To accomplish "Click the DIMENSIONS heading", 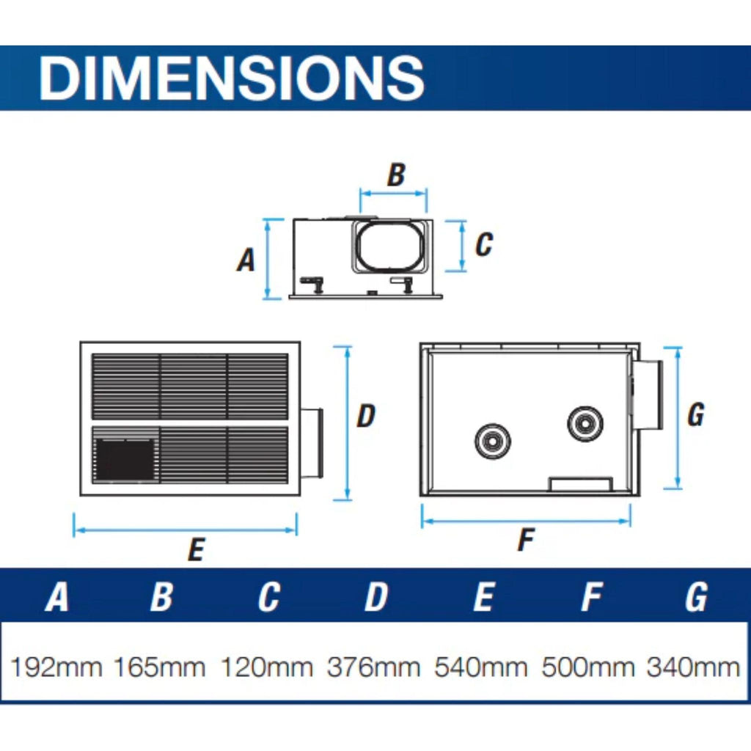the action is pyautogui.click(x=231, y=78).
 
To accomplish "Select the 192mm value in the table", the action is pyautogui.click(x=56, y=667).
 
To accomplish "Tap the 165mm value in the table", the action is pyautogui.click(x=159, y=667).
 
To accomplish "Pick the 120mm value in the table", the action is pyautogui.click(x=267, y=667).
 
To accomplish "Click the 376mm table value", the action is pyautogui.click(x=373, y=667).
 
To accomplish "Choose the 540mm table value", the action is pyautogui.click(x=481, y=667).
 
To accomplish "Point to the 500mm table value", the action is pyautogui.click(x=588, y=667).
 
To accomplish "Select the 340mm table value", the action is pyautogui.click(x=694, y=667).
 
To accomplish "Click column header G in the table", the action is pyautogui.click(x=696, y=597).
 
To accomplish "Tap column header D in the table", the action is pyautogui.click(x=376, y=597).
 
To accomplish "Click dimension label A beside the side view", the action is pyautogui.click(x=246, y=260).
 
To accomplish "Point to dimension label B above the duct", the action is pyautogui.click(x=396, y=175).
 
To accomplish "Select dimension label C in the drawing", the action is pyautogui.click(x=484, y=244).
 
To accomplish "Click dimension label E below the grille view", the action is pyautogui.click(x=197, y=549).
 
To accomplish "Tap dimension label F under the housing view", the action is pyautogui.click(x=526, y=540).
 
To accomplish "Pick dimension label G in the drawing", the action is pyautogui.click(x=696, y=415).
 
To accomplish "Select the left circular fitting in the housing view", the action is pyautogui.click(x=492, y=441).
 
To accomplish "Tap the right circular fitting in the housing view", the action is pyautogui.click(x=585, y=424).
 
